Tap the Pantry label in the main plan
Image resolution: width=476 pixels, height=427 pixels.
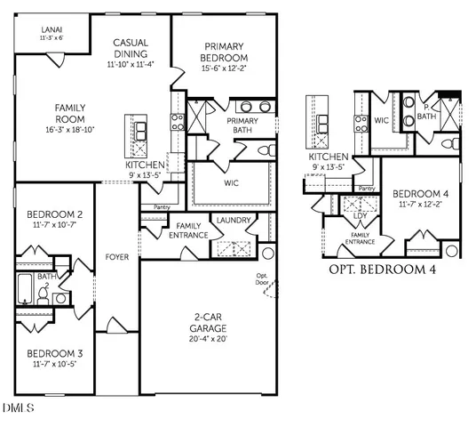pos(161,207)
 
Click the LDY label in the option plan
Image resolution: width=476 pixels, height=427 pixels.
pos(361,214)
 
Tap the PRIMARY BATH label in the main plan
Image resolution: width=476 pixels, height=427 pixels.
pos(242,125)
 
